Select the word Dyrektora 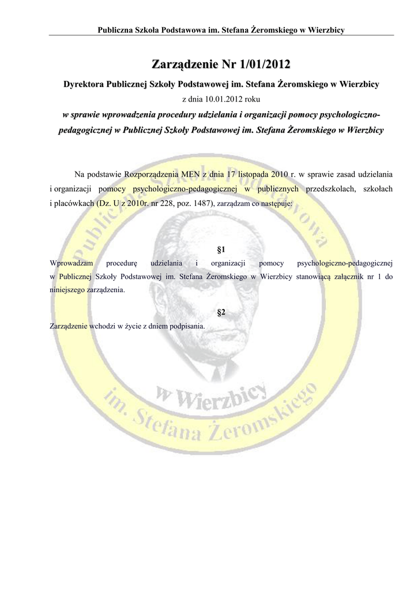pyautogui.click(x=83, y=84)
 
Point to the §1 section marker pyautogui.click(x=220, y=250)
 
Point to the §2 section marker pyautogui.click(x=220, y=312)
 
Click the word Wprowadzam pyautogui.click(x=72, y=263)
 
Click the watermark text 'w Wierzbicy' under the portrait pyautogui.click(x=211, y=397)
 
